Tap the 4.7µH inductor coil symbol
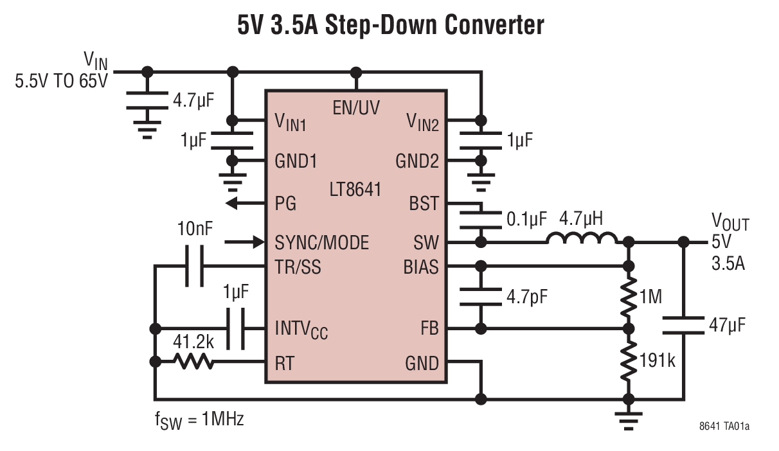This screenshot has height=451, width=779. click(582, 239)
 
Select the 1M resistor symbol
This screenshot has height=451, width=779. click(629, 296)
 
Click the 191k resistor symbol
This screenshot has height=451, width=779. click(629, 362)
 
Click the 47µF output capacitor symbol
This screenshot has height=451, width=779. click(683, 324)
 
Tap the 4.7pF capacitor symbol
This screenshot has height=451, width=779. click(479, 297)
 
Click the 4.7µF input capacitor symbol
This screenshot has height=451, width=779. click(148, 101)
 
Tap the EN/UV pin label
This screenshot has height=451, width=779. click(355, 107)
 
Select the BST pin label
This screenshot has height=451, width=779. click(424, 204)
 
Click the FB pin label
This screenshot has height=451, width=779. click(428, 329)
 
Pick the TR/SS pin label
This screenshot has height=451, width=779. click(298, 266)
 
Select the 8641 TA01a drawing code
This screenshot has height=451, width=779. click(724, 426)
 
